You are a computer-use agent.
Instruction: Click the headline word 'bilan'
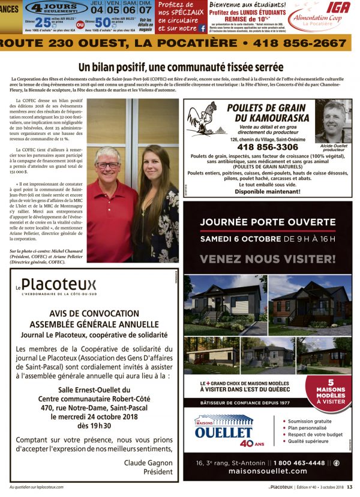pyautogui.click(x=118, y=67)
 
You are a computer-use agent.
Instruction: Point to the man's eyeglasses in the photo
pyautogui.click(x=108, y=164)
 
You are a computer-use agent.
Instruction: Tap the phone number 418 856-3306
pyautogui.click(x=268, y=147)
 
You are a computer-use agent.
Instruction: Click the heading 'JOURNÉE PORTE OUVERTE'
pyautogui.click(x=268, y=222)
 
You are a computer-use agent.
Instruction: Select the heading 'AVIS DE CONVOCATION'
pyautogui.click(x=93, y=313)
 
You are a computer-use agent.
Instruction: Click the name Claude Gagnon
pyautogui.click(x=148, y=462)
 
